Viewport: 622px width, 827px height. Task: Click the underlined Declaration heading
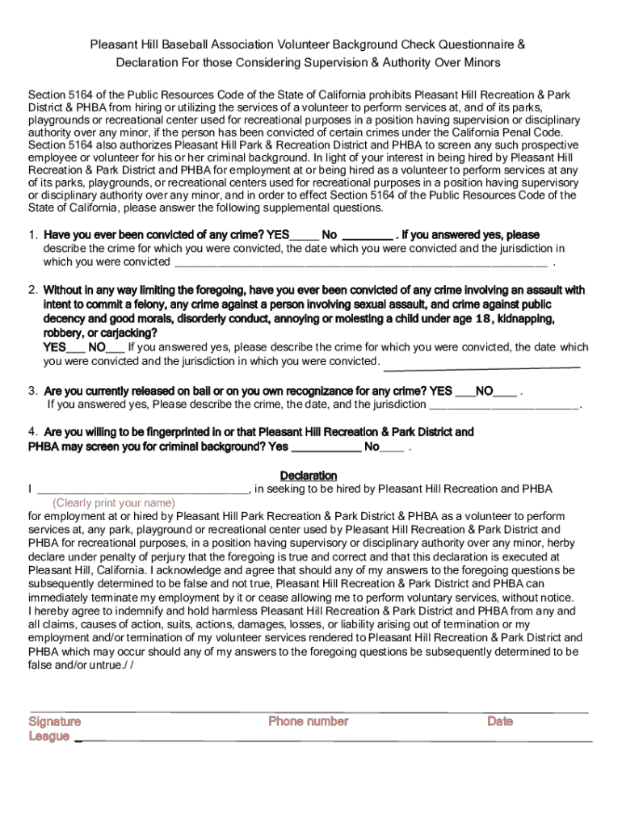click(x=309, y=476)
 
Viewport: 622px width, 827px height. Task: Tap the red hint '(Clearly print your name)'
click(x=114, y=502)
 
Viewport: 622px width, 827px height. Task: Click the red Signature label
click(x=55, y=721)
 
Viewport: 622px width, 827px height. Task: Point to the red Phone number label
click(x=309, y=721)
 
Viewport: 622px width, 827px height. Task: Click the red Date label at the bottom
click(x=500, y=721)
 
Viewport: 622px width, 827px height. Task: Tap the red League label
click(x=49, y=737)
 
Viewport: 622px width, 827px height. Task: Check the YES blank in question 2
click(x=76, y=347)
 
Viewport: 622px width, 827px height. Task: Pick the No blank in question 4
click(x=392, y=447)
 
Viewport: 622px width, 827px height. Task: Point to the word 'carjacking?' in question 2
click(x=128, y=333)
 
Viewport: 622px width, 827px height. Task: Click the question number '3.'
click(x=33, y=391)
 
